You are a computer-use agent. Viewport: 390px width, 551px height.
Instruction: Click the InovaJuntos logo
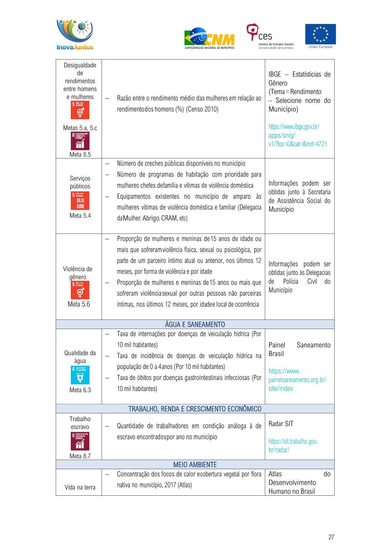[75, 35]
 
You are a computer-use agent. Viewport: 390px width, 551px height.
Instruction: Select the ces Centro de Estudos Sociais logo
[270, 36]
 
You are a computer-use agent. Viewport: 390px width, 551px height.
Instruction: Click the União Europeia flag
[320, 34]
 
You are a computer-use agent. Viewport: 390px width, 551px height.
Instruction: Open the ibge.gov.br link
[297, 135]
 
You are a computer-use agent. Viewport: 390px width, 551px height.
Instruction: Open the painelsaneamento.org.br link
[297, 380]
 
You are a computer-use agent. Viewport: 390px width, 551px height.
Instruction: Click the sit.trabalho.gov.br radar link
[293, 446]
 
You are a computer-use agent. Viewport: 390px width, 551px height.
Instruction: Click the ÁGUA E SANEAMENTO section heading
[195, 324]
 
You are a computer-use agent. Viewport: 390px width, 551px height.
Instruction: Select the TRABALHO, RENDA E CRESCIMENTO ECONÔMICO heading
[195, 409]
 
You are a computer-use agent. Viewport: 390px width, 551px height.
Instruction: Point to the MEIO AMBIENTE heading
[195, 465]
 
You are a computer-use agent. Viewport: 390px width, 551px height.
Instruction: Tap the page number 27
[331, 537]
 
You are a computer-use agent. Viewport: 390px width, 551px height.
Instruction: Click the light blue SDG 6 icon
[80, 375]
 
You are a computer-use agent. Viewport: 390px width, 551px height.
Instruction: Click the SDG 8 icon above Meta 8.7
[80, 441]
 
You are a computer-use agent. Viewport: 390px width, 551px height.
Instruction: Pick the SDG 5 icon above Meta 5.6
[80, 290]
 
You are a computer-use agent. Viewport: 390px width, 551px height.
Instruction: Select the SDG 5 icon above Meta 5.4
[80, 201]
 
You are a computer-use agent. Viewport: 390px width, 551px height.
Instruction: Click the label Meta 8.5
[80, 155]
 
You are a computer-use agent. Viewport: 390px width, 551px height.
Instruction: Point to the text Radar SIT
[281, 424]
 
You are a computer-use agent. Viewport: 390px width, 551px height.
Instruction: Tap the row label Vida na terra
[80, 487]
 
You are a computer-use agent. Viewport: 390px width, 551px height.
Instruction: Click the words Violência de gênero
[78, 273]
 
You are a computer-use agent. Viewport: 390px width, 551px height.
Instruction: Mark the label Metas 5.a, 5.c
[80, 128]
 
